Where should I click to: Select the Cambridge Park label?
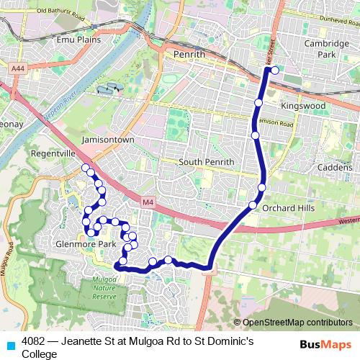pyautogui.click(x=320, y=49)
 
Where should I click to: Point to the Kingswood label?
pyautogui.click(x=303, y=106)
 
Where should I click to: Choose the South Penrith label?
pyautogui.click(x=206, y=162)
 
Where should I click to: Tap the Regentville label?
pyautogui.click(x=52, y=155)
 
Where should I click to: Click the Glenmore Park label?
pyautogui.click(x=86, y=244)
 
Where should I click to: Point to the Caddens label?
pyautogui.click(x=333, y=166)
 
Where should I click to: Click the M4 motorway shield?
pyautogui.click(x=148, y=203)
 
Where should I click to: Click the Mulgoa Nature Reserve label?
pyautogui.click(x=104, y=287)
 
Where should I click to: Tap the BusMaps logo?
pyautogui.click(x=321, y=343)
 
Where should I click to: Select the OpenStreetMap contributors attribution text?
pyautogui.click(x=297, y=322)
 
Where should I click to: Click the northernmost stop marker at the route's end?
pyautogui.click(x=274, y=70)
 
